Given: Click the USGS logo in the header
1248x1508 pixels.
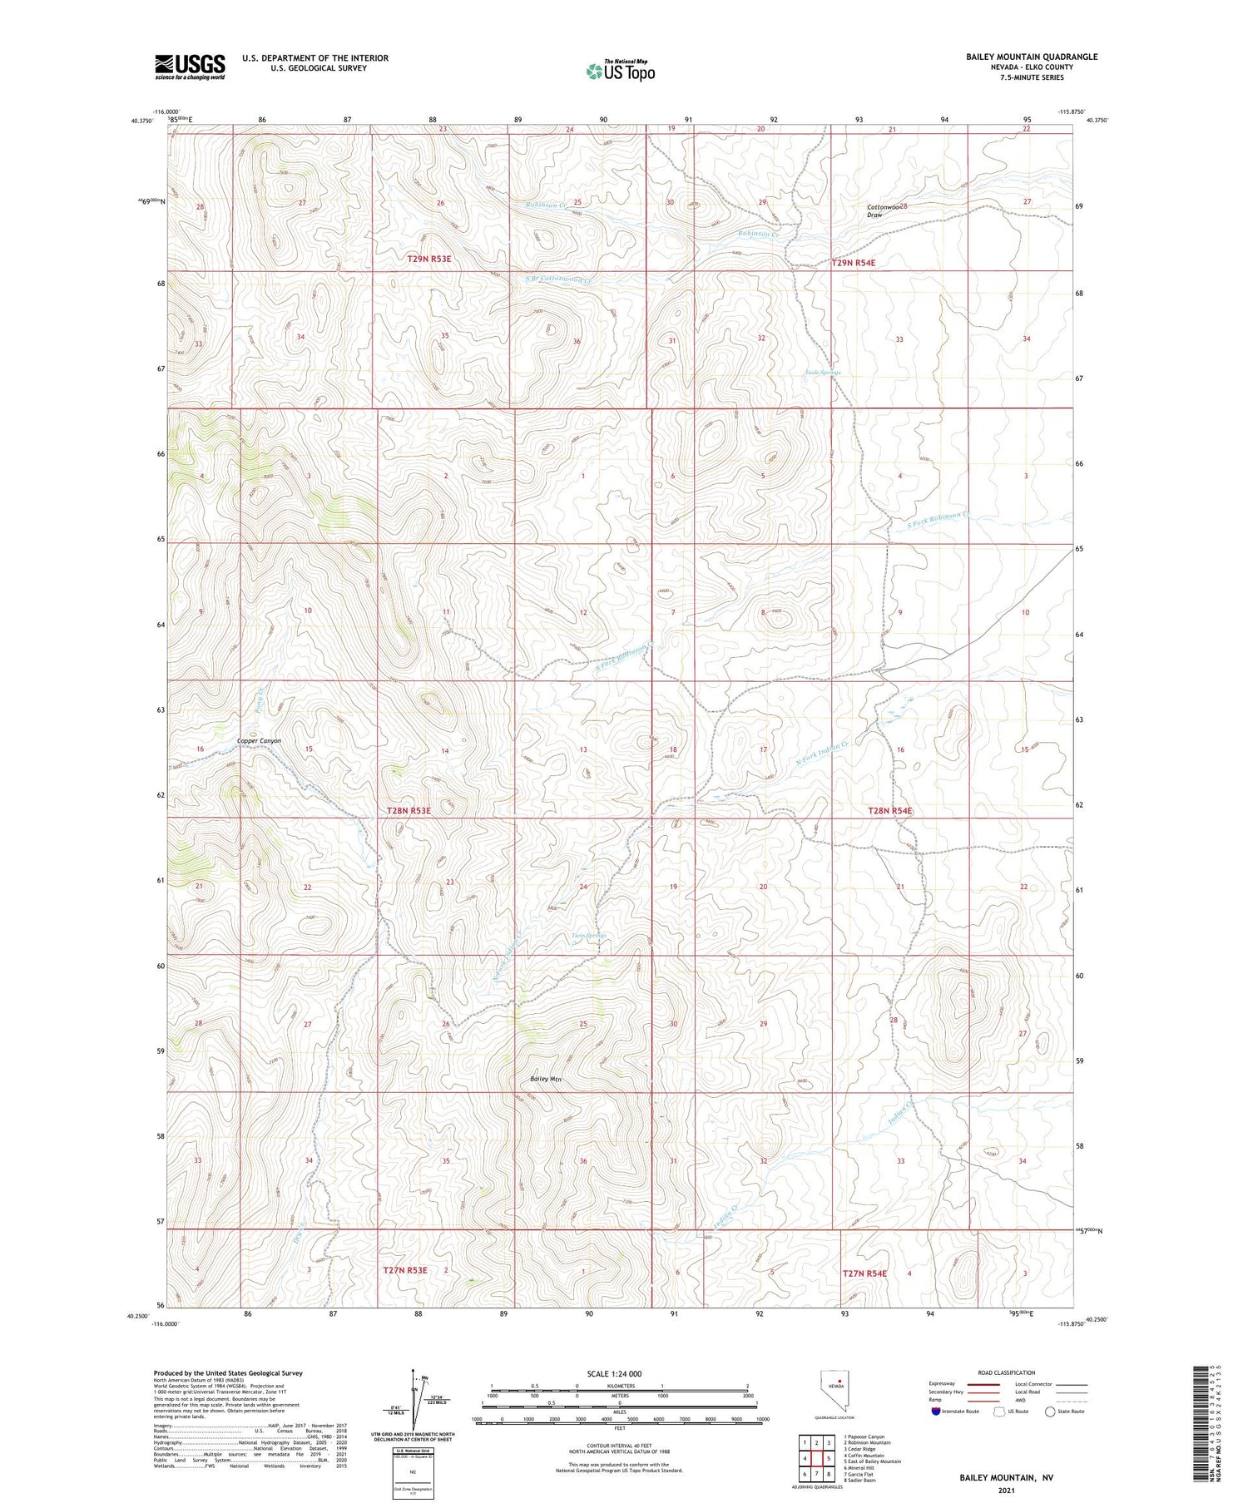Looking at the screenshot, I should point(190,67).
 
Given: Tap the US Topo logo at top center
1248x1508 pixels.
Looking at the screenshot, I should point(621,72).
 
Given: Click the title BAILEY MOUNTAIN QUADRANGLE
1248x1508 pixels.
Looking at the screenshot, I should point(1031,57).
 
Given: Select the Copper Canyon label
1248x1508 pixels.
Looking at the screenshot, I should point(259,740).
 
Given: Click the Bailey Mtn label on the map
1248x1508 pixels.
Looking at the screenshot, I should point(546,1079).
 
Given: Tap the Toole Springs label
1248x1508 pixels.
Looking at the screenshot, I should point(822,373).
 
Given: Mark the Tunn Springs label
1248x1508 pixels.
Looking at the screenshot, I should point(588,936).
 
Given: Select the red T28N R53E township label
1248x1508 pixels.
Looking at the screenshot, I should point(409,810).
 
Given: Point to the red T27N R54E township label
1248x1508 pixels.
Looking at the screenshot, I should point(864,1273).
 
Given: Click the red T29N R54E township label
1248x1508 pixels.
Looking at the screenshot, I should point(854,263).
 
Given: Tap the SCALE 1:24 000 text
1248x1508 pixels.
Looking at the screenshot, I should point(615,1373).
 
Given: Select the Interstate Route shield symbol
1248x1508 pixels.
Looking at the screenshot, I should point(936,1412).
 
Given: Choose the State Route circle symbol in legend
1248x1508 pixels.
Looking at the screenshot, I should point(1050,1412).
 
